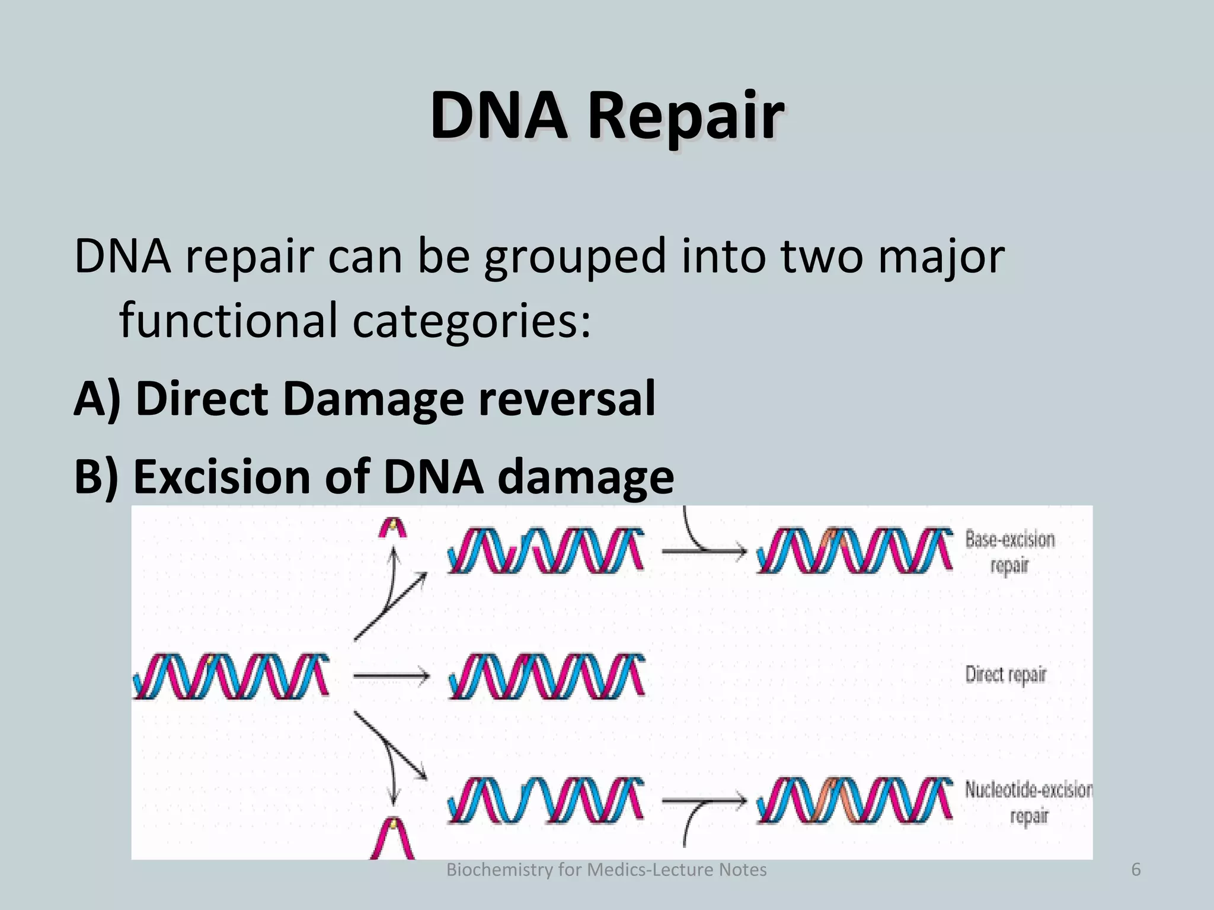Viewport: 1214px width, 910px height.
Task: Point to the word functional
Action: (x=229, y=320)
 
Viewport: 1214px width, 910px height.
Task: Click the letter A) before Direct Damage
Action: (x=98, y=399)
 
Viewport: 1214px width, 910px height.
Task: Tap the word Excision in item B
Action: (x=222, y=477)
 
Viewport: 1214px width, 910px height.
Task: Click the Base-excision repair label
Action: (x=1009, y=552)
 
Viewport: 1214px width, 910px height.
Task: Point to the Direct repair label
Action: (x=1005, y=674)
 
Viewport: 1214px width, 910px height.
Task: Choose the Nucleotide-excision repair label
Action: (x=1028, y=802)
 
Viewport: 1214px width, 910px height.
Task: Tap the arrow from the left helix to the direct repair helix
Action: (x=391, y=675)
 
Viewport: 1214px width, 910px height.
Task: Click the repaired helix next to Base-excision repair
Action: (x=854, y=551)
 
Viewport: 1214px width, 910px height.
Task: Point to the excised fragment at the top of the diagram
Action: (x=393, y=527)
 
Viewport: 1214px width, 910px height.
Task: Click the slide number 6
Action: (x=1136, y=870)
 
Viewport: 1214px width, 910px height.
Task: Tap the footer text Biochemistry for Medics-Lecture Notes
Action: (x=606, y=870)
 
